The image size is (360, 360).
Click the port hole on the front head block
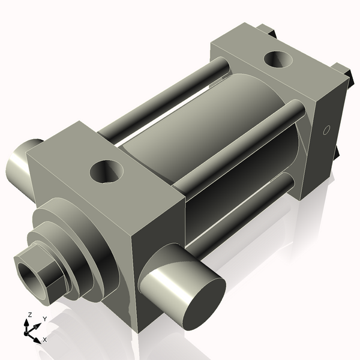pyautogui.click(x=107, y=172)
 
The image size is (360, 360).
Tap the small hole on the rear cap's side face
pyautogui.click(x=327, y=130)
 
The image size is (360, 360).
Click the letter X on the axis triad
pyautogui.click(x=44, y=340)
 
